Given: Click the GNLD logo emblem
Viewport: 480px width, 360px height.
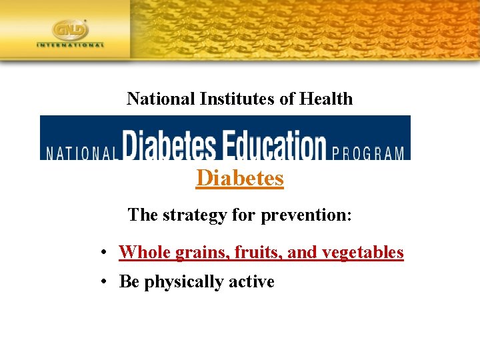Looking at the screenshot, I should (x=70, y=30).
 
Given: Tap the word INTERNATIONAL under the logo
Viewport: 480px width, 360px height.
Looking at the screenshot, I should (x=71, y=45).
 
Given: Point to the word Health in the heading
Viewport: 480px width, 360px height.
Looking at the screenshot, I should (x=326, y=99).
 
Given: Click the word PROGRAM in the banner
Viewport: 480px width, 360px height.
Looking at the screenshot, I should (x=368, y=153).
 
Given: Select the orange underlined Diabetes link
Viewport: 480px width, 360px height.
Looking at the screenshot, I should (x=240, y=179).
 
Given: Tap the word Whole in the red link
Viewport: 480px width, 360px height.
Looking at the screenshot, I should (x=145, y=253).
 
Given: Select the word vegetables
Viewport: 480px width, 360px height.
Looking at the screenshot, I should (x=363, y=253).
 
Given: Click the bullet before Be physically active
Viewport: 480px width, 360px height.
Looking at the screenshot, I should (x=105, y=283).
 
